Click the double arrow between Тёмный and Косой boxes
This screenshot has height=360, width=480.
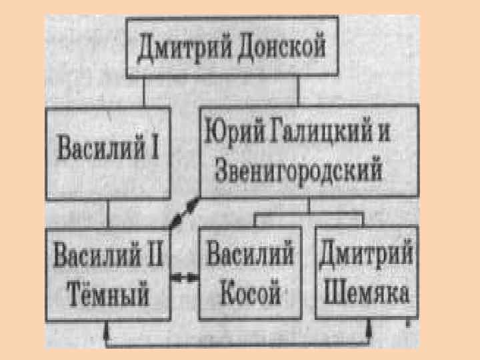point(185,275)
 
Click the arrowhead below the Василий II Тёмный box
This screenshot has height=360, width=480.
point(107,328)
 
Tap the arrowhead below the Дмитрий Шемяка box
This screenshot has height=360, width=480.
point(367,328)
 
